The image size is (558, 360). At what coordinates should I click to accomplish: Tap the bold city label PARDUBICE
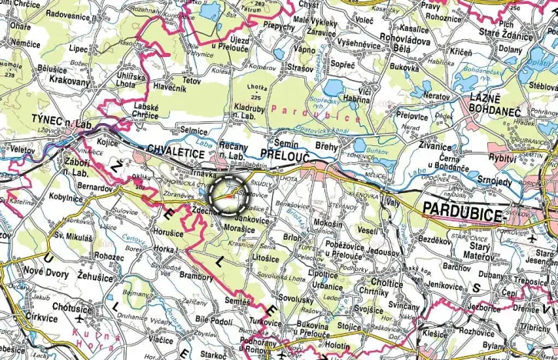(461, 212)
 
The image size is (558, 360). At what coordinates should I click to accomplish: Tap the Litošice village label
(265, 259)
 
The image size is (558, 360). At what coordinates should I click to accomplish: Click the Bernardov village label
(95, 187)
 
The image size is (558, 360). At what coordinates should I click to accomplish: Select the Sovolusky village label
(296, 297)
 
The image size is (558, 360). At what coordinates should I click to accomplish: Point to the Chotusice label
(71, 308)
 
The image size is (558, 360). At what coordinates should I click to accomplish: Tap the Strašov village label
(301, 68)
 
